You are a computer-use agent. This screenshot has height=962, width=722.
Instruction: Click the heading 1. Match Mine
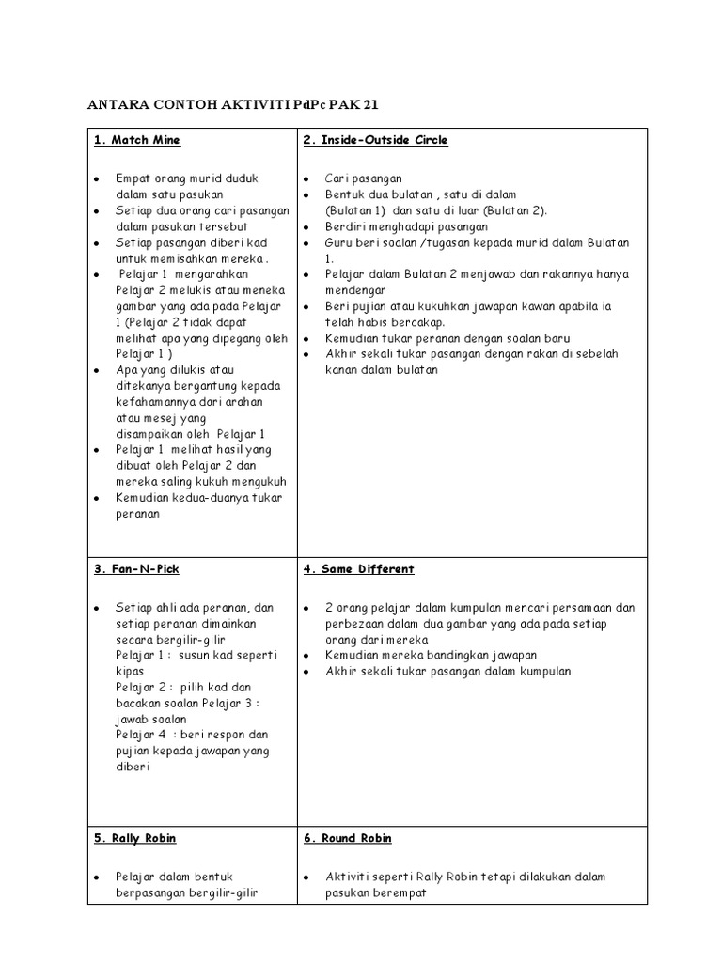(137, 141)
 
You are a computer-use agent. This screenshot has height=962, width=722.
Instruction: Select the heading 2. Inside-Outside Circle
(375, 141)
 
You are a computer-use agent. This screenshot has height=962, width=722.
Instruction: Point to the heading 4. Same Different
(359, 569)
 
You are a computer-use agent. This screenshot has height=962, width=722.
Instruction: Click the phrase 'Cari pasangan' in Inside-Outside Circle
(363, 178)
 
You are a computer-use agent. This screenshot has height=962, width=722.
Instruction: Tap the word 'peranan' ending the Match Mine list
(138, 514)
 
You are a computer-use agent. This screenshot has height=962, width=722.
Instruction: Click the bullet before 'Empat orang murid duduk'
(97, 178)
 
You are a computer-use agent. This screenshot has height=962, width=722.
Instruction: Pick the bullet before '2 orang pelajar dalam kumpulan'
(306, 608)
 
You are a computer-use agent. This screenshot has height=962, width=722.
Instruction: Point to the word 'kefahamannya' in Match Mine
(153, 402)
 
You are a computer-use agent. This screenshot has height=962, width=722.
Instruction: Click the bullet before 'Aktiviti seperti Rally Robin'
(306, 877)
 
